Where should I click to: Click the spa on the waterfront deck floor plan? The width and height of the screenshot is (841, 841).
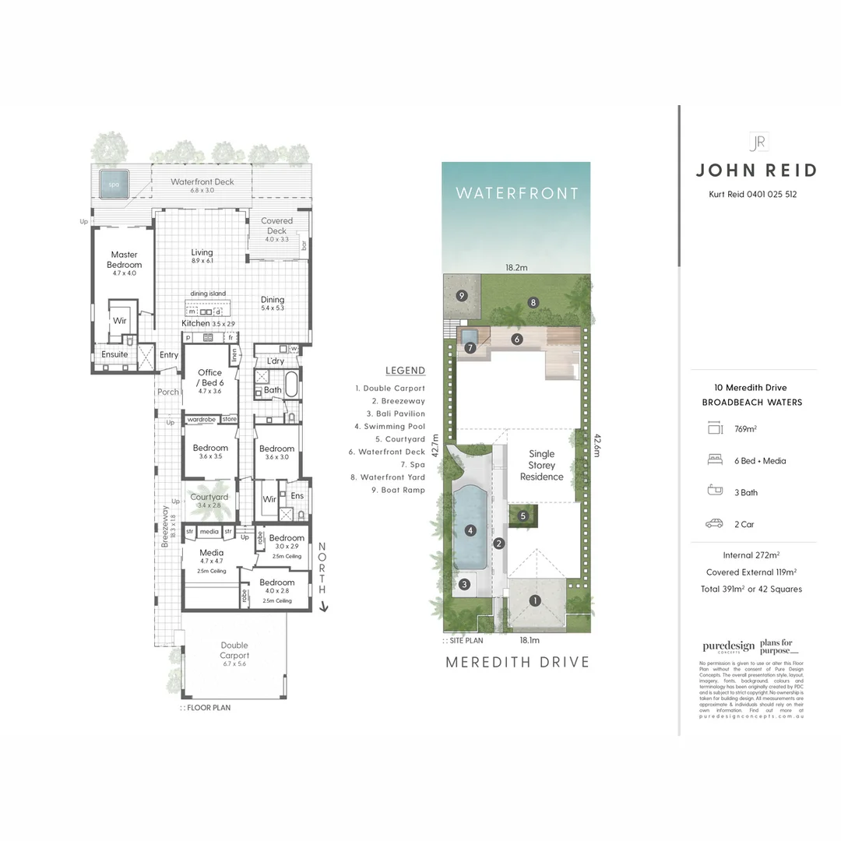coord(114,185)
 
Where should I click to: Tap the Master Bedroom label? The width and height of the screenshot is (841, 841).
coord(124,259)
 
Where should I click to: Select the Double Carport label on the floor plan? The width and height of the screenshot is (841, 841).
coord(234,650)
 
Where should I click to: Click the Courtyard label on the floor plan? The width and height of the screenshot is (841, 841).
coord(209,497)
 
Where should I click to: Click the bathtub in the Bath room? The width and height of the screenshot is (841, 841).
coord(291,385)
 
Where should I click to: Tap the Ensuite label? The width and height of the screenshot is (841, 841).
coord(114,354)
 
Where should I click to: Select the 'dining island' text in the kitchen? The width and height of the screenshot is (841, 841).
coord(208,294)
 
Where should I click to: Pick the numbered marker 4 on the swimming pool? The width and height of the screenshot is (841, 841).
coord(470,531)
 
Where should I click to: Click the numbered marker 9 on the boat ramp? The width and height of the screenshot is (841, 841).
coord(462,295)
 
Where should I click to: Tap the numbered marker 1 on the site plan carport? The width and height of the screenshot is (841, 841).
coord(534,600)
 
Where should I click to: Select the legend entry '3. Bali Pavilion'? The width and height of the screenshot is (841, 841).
coord(390,413)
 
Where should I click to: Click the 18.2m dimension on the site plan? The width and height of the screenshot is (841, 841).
coord(516,267)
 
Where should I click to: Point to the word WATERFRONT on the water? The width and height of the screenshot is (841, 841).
coord(516,193)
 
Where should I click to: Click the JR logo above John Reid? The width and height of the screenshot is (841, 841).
coord(757,142)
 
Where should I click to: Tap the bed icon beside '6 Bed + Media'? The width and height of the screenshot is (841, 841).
coord(714,460)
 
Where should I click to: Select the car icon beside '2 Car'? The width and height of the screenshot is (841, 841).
coord(714,524)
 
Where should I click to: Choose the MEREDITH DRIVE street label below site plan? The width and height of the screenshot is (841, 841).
coord(517,662)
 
